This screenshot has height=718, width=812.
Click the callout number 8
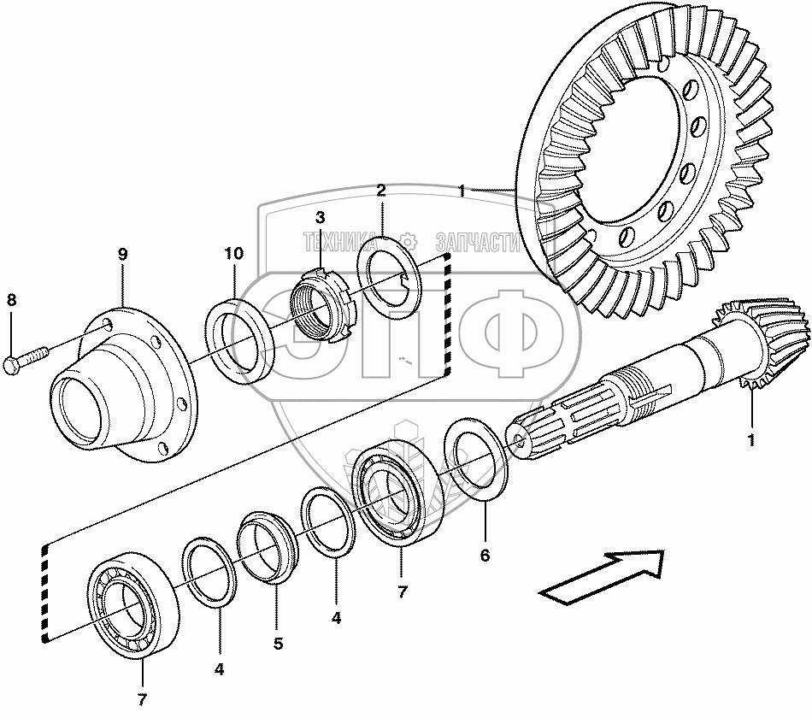point(11,300)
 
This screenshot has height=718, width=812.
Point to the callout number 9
point(122,254)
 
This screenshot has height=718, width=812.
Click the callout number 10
point(234,254)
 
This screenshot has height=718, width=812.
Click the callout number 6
point(485,556)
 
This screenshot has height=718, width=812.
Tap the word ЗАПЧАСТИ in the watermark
point(478,242)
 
